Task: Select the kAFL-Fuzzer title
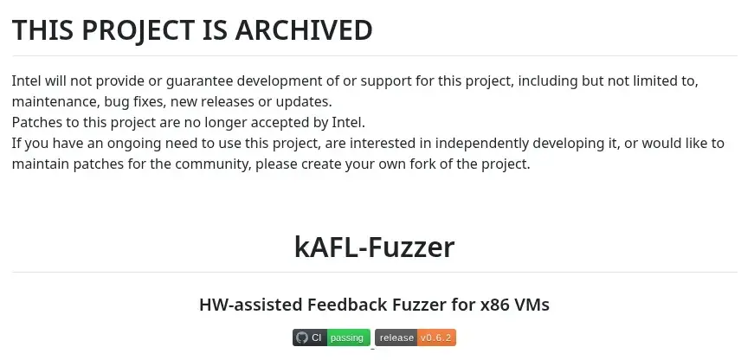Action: coord(374,247)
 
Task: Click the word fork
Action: coord(443,164)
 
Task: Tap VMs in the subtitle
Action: coord(532,305)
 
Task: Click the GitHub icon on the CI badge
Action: coord(302,337)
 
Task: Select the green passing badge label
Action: coord(348,337)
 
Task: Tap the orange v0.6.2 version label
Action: coord(437,337)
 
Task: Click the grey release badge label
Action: coord(396,337)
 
